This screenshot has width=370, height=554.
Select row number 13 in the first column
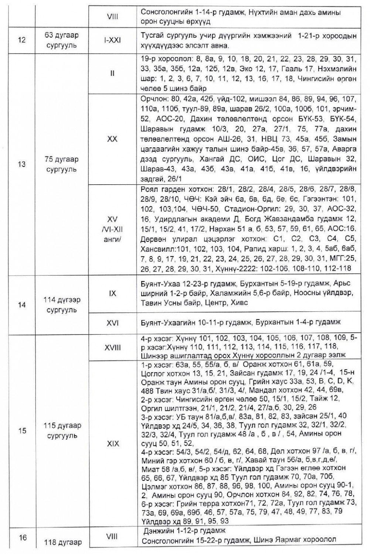pyautogui.click(x=22, y=164)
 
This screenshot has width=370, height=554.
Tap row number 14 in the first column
pyautogui.click(x=22, y=305)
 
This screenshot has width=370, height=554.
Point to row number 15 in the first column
pyautogui.click(x=22, y=431)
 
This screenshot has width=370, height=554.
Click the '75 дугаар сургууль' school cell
pyautogui.click(x=62, y=164)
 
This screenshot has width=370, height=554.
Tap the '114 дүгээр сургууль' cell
pyautogui.click(x=62, y=305)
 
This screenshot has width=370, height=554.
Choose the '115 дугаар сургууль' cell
pyautogui.click(x=62, y=431)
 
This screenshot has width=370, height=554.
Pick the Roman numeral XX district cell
pyautogui.click(x=112, y=139)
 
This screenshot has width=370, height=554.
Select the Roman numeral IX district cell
pyautogui.click(x=112, y=294)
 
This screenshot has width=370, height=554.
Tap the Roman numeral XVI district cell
pyautogui.click(x=112, y=323)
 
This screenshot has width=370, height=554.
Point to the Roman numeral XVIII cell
pyautogui.click(x=112, y=347)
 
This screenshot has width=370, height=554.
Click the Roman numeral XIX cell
pyautogui.click(x=112, y=443)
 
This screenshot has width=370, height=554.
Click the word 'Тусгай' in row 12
pyautogui.click(x=152, y=36)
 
